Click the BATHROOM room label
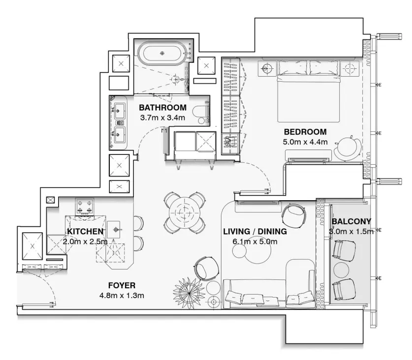coord(162,108)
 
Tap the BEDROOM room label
coord(305,132)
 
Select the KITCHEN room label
coord(85,231)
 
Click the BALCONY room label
coord(351,221)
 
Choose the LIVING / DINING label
coord(254,231)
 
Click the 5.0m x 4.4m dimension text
coord(305,142)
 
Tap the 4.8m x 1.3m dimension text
coord(121,295)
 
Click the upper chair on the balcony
coord(345,249)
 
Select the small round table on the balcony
coord(342,269)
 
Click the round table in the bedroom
coord(348,147)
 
